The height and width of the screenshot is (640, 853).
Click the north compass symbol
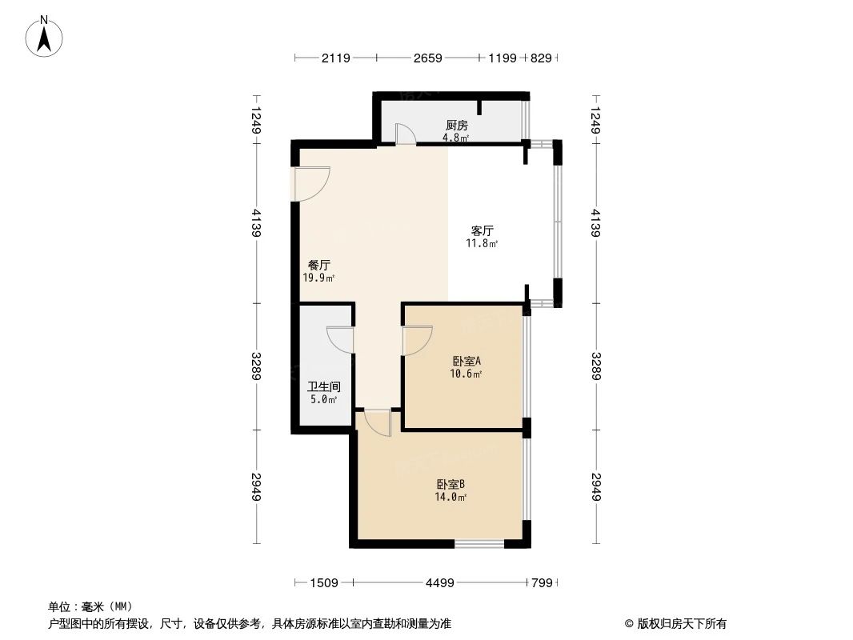coord(46,35)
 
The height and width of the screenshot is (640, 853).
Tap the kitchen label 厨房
coord(456,125)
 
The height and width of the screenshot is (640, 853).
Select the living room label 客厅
coord(482,231)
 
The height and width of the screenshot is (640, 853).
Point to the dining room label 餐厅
coord(319,265)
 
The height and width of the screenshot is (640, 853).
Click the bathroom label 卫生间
coord(318,386)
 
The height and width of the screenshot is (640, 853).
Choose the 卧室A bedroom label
coord(467,360)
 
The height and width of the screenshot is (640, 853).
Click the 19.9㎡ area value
coord(318,278)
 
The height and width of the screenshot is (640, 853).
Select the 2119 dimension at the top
coord(335,58)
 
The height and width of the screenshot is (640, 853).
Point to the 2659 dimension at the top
coord(427,58)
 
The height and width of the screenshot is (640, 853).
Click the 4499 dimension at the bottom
coord(439,582)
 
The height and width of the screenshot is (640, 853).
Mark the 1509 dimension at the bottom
coord(324,582)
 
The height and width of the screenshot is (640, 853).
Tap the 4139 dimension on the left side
coord(255,222)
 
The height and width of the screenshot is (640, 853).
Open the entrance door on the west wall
coord(311,184)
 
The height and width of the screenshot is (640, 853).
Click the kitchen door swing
coord(406,135)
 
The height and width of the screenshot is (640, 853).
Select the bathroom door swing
coord(341,339)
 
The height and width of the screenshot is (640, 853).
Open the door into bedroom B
coord(376,422)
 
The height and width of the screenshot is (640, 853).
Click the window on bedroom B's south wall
coord(479,544)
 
